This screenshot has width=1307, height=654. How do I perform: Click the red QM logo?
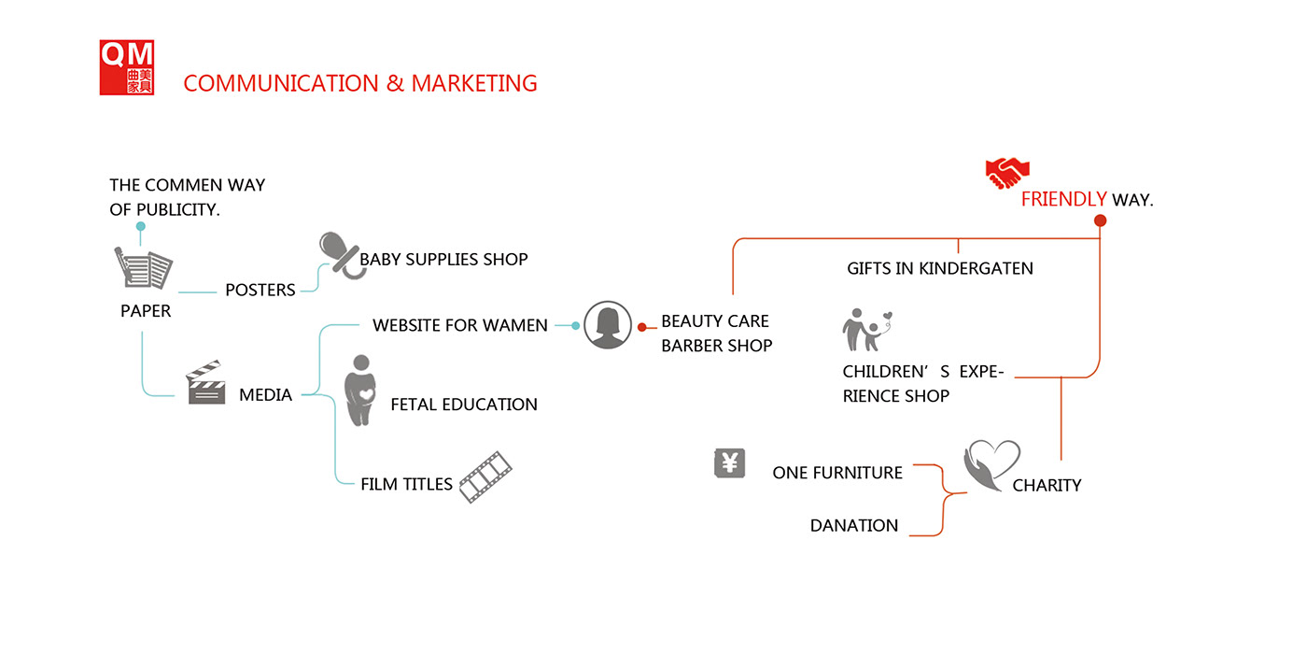coord(127,67)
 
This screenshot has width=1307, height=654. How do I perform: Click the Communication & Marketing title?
coord(360,83)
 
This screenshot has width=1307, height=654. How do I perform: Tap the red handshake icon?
coord(1006,173)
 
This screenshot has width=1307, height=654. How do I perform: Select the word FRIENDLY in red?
coord(1063,199)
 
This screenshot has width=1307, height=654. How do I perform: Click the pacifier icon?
coord(338,253)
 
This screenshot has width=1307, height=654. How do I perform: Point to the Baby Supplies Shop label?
coord(443,259)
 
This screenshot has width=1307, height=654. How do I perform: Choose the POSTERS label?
coord(260,290)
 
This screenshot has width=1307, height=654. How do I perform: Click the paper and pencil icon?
coord(144,269)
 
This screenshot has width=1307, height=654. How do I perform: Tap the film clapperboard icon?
coord(205,382)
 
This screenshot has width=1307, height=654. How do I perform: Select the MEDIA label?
coord(265,394)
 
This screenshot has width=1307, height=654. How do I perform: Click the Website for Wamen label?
coord(460,325)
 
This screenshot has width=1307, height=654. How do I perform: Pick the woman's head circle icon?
coord(608,325)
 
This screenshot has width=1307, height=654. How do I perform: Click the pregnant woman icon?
coord(359,391)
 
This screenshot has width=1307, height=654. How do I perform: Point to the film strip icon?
coord(485,476)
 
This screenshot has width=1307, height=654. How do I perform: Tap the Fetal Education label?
coord(464,405)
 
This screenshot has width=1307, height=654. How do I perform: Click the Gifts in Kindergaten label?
coord(940,268)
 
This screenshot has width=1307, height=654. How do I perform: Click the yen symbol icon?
coord(730,462)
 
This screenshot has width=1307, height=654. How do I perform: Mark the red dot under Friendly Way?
coord(1100,220)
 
